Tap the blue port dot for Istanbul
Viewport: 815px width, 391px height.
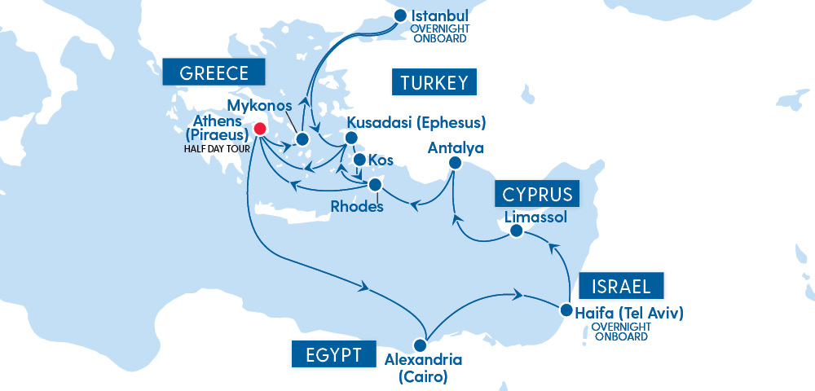click(x=400, y=15)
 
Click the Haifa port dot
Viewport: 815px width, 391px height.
click(x=566, y=310)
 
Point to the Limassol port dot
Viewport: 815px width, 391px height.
click(x=516, y=232)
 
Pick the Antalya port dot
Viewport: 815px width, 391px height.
click(x=456, y=164)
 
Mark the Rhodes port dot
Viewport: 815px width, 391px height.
click(x=375, y=183)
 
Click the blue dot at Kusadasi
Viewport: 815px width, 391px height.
click(x=352, y=138)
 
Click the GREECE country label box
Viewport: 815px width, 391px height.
click(x=214, y=72)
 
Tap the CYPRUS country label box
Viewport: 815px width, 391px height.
click(x=537, y=194)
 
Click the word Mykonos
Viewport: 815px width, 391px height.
click(x=261, y=106)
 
